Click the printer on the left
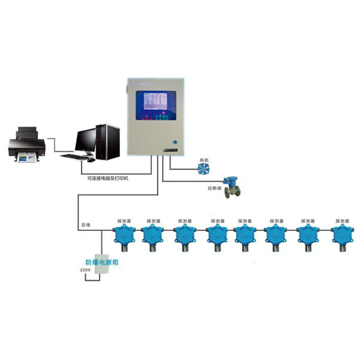click(x=26, y=145)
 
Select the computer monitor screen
click(x=88, y=139)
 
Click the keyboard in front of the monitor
click(x=74, y=157)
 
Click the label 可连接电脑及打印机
click(x=112, y=178)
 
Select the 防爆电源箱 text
click(x=102, y=262)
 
